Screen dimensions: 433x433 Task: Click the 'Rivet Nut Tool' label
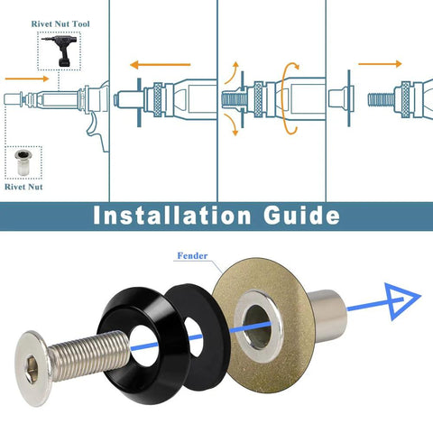(x=61, y=26)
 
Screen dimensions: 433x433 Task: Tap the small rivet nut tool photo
(x=62, y=52)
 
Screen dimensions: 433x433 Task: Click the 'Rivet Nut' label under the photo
(x=24, y=188)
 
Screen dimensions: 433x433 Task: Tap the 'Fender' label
(x=191, y=256)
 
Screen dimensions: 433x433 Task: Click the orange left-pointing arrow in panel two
(x=158, y=65)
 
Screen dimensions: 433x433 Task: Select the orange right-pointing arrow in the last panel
(x=380, y=64)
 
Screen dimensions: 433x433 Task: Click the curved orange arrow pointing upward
(x=234, y=72)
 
